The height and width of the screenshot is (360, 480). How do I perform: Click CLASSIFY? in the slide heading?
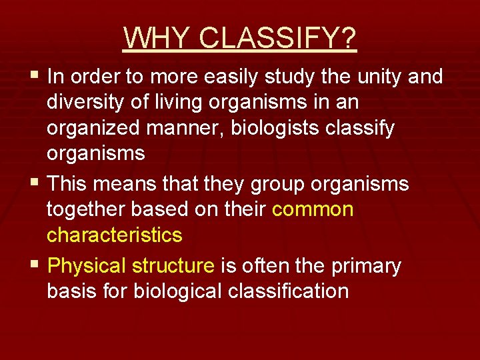coord(278,38)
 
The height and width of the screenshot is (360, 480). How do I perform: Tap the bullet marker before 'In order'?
coord(35,77)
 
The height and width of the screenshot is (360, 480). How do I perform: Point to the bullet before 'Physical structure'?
coord(35,266)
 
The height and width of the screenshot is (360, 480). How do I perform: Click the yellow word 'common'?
coord(313,209)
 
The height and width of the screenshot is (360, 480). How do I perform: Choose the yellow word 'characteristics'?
coord(114,235)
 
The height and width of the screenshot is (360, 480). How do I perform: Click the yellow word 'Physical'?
coord(87,266)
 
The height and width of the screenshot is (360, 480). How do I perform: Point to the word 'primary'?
coord(366,266)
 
